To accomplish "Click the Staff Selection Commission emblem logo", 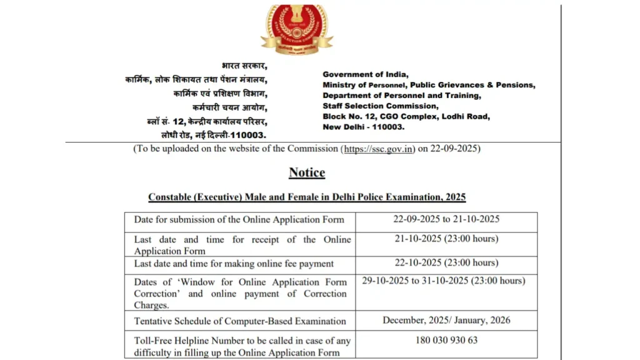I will [297, 29].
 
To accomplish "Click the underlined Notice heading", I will [307, 172].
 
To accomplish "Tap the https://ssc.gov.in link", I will [378, 149].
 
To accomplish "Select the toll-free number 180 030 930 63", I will [446, 341].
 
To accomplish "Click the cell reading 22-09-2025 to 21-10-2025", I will [446, 219].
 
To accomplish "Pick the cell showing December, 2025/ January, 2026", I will [446, 321].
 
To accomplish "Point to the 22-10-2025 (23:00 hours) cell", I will [446, 262].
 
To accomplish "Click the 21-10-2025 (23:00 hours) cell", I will [446, 239].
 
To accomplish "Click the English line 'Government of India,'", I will [365, 74].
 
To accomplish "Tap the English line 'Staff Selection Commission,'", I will [381, 106].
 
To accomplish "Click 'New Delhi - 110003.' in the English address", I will [363, 127].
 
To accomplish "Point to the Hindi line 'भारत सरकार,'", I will [244, 66].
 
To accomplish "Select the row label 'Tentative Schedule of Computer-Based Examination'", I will [240, 321].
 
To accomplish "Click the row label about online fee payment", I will [234, 264].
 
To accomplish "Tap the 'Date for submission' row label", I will [239, 220].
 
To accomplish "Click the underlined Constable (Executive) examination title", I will [307, 197].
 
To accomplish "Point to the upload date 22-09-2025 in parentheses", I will [454, 149].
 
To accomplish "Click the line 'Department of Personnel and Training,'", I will [401, 96].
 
